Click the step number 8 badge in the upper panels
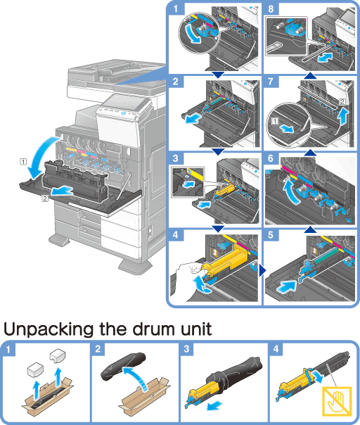click(271, 8)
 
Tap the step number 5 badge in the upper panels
click(271, 235)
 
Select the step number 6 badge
click(271, 158)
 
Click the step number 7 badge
click(271, 82)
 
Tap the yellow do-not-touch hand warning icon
click(337, 401)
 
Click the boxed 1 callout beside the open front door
click(24, 162)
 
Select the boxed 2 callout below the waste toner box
click(45, 198)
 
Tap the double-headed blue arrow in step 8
click(325, 58)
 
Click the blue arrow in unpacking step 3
click(214, 406)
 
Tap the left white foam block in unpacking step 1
click(35, 369)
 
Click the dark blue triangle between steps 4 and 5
click(262, 270)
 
